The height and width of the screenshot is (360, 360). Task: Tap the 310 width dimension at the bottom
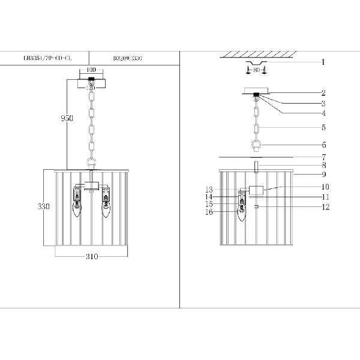[91, 257]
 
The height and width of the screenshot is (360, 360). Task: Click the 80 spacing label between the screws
[256, 71]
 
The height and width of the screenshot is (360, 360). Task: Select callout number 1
[323, 62]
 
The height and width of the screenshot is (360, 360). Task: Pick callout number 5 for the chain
[323, 127]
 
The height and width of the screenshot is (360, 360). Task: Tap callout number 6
[323, 145]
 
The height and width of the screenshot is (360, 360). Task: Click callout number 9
[323, 175]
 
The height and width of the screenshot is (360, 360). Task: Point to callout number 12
[326, 207]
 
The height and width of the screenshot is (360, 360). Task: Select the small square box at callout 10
[256, 191]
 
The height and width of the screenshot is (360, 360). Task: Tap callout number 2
[323, 93]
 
